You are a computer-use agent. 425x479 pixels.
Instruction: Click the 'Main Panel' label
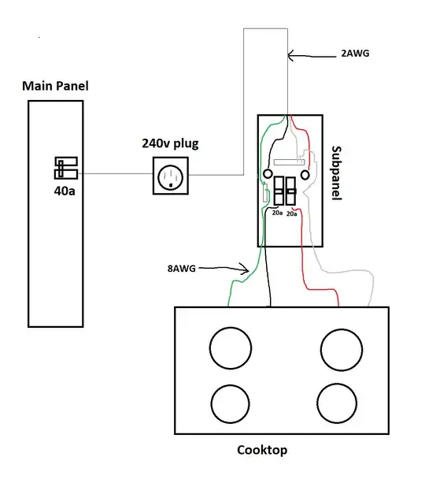(x=55, y=85)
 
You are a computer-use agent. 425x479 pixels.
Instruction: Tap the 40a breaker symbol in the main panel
(x=64, y=168)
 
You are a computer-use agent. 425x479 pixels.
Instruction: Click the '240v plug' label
(x=171, y=143)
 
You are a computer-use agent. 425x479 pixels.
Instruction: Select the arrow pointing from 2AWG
(x=310, y=56)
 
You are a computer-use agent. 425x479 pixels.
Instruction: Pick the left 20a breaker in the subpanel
(x=278, y=194)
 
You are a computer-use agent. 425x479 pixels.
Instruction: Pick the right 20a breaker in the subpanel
(x=291, y=194)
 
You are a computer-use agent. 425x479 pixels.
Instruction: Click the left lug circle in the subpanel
(x=268, y=173)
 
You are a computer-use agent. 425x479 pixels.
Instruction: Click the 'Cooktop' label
(x=262, y=451)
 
